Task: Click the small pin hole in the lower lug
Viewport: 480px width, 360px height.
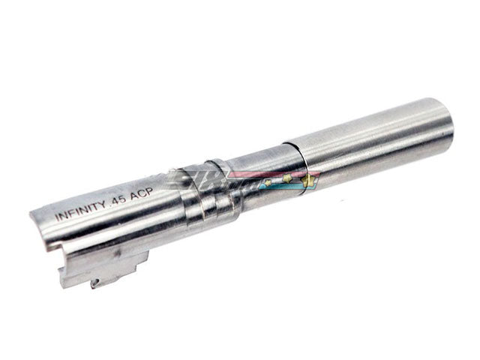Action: point(95,283)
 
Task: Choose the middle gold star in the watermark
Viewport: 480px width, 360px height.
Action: point(288,178)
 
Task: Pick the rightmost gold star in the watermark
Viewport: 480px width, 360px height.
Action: point(304,178)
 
